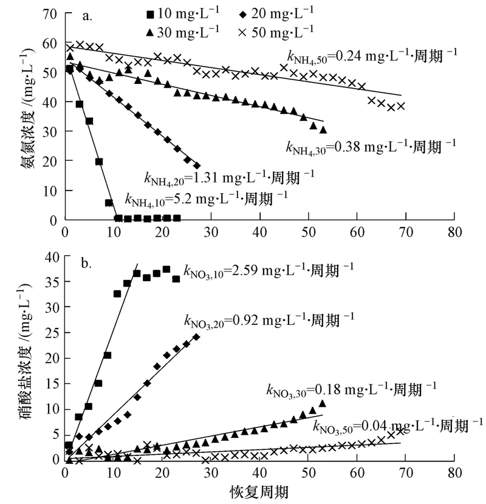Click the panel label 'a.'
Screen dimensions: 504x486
[x=87, y=16]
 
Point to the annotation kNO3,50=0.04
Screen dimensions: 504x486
[x=399, y=423]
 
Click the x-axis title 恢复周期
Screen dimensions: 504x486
[x=259, y=491]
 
